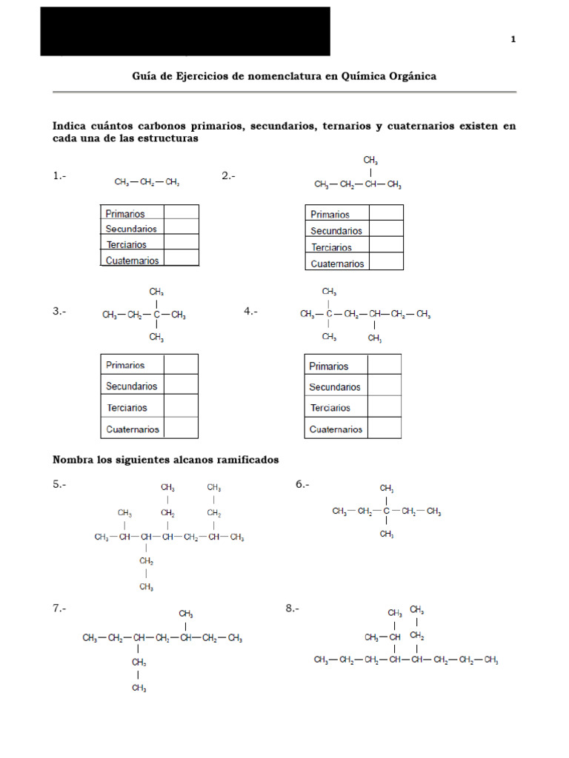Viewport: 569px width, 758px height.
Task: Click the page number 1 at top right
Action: (x=513, y=39)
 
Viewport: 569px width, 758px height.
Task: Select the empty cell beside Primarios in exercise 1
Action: (x=181, y=213)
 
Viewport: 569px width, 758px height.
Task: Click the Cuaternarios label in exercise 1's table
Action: (x=132, y=260)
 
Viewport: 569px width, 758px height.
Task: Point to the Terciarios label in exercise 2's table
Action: (x=331, y=247)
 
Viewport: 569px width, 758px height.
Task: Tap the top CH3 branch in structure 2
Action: (x=371, y=160)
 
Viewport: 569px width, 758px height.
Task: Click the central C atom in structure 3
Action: (x=156, y=315)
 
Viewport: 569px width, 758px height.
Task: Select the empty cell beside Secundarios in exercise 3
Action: (x=180, y=386)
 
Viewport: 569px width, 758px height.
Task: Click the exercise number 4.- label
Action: (x=250, y=312)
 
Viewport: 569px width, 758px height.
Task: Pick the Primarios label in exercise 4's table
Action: (x=328, y=366)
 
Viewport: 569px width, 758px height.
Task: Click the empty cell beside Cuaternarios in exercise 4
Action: (x=384, y=429)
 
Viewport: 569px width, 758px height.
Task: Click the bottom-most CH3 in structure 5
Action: (x=146, y=587)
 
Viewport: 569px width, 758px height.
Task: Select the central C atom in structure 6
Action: (x=386, y=512)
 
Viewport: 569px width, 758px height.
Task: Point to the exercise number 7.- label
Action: (x=59, y=608)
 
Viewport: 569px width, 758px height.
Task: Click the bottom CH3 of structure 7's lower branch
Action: (x=139, y=688)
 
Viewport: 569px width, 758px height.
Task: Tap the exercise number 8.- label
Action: (x=292, y=608)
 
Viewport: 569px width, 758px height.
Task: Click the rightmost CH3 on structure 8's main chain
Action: (x=490, y=660)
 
